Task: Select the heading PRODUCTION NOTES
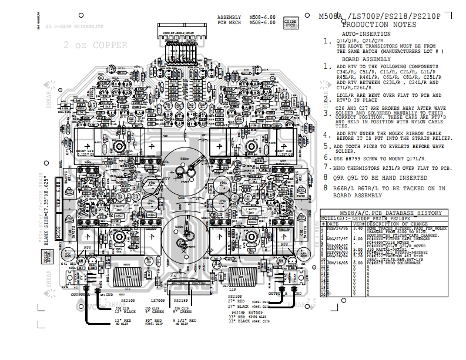374,25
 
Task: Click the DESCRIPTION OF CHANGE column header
393,223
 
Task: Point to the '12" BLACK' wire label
125,311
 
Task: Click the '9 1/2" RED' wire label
186,319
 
